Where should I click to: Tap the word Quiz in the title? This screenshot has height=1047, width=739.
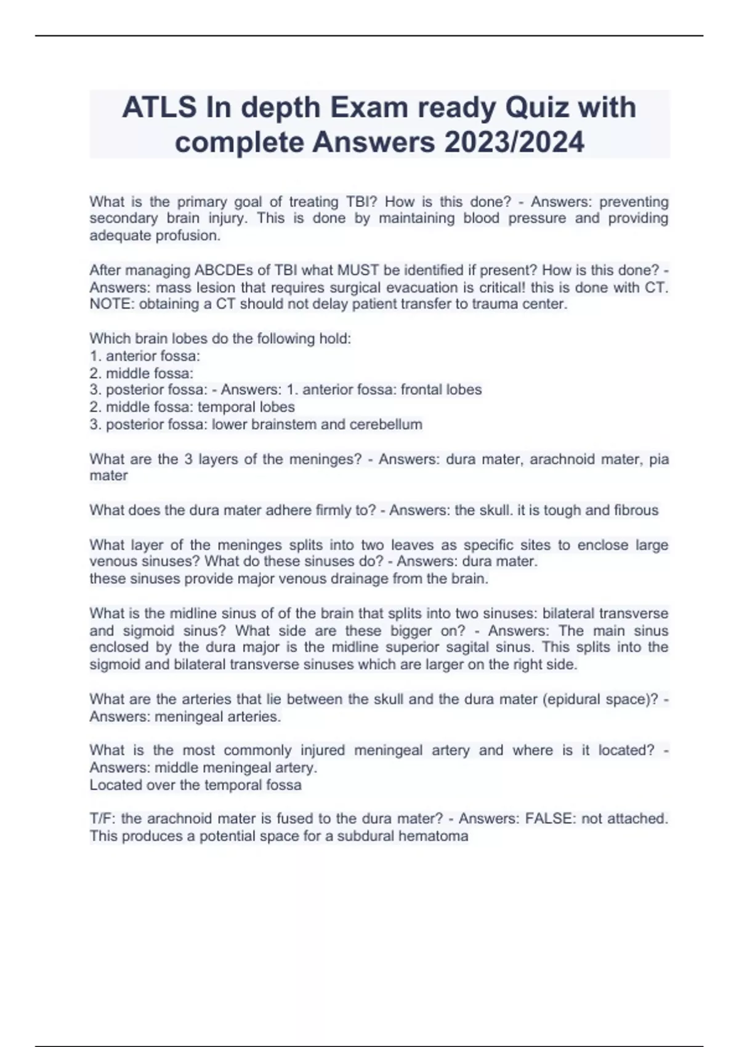pyautogui.click(x=536, y=108)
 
